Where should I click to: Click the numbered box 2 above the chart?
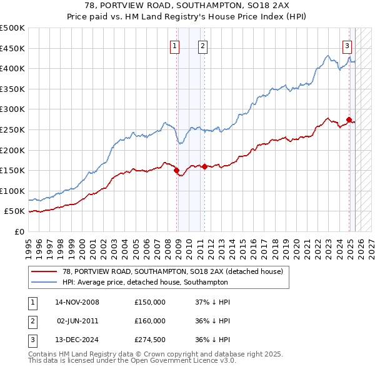click(203, 45)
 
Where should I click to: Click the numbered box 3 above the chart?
click(347, 45)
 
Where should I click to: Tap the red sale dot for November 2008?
click(176, 169)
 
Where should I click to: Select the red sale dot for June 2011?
click(204, 166)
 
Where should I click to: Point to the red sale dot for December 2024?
click(349, 119)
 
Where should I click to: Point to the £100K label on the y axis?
click(12, 191)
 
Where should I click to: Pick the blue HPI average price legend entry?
click(156, 282)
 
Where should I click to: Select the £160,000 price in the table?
click(150, 321)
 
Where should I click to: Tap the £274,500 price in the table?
click(150, 340)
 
